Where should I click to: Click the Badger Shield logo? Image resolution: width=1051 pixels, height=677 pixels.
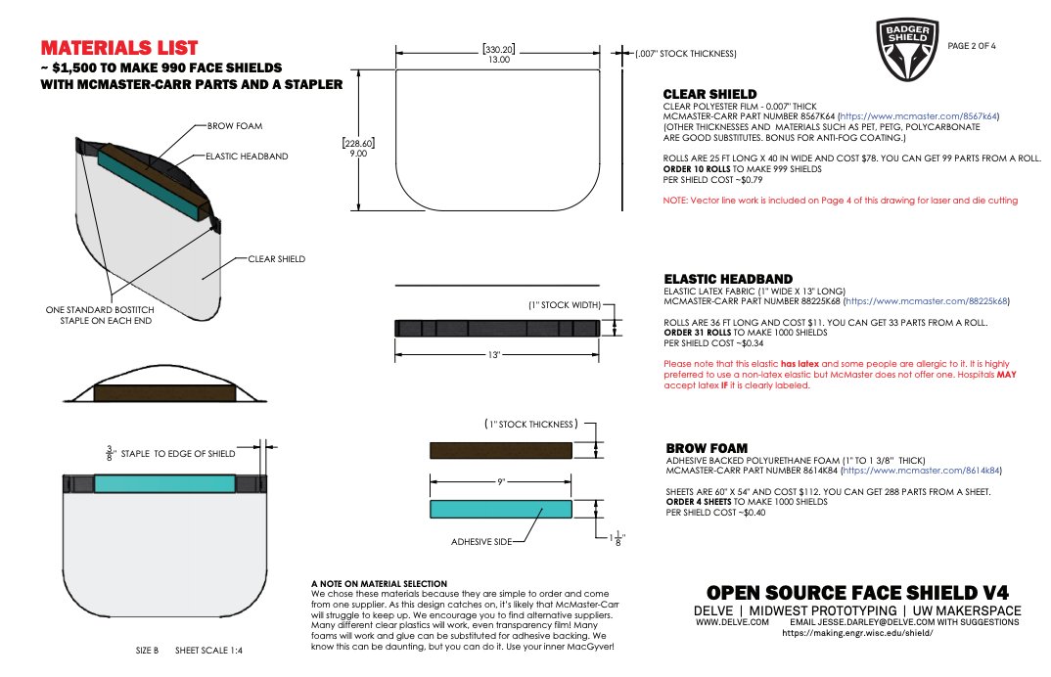click(907, 50)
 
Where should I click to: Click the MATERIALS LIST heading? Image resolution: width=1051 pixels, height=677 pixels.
click(119, 48)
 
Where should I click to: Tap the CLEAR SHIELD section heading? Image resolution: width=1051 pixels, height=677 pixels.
click(709, 94)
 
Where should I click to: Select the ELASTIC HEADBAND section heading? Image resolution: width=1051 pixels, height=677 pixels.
click(728, 279)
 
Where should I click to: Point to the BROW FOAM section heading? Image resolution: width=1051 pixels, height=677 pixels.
click(706, 448)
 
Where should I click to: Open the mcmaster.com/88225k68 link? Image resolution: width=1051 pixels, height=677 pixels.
click(928, 301)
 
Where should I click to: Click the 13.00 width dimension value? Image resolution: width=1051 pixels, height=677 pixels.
click(499, 60)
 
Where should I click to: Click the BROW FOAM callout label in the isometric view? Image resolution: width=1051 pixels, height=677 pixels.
click(235, 126)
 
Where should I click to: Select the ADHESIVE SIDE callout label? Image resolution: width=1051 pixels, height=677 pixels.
click(482, 540)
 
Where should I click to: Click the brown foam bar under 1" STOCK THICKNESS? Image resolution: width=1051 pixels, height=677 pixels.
click(501, 450)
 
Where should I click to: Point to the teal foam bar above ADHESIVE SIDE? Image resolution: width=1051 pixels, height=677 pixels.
click(501, 509)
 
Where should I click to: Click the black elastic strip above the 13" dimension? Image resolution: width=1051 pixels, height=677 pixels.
click(496, 328)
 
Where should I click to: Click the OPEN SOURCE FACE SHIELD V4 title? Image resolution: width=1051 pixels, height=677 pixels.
click(857, 592)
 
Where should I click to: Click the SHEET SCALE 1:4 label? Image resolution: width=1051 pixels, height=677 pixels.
click(208, 650)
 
